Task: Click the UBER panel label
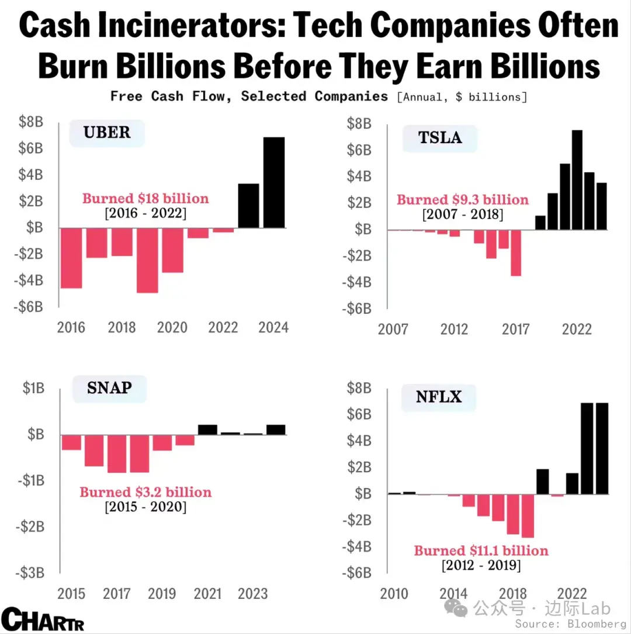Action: tap(107, 132)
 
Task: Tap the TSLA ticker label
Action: tap(440, 138)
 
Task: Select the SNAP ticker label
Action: tap(109, 387)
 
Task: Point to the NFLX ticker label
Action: tap(439, 397)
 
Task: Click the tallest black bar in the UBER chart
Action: tap(274, 182)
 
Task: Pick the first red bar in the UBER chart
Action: tap(72, 258)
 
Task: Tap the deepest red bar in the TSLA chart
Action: tap(515, 252)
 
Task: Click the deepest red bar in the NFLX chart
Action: tap(528, 515)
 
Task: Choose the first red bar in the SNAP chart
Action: tap(71, 442)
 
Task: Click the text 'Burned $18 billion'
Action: tap(145, 199)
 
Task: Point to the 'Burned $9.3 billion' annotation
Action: tap(463, 200)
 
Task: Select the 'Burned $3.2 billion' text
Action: tap(145, 492)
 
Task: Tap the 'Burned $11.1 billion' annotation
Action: tap(481, 550)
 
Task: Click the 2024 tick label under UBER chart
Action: tap(274, 327)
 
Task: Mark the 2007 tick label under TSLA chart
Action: tap(393, 330)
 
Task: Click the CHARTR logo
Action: tap(42, 619)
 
